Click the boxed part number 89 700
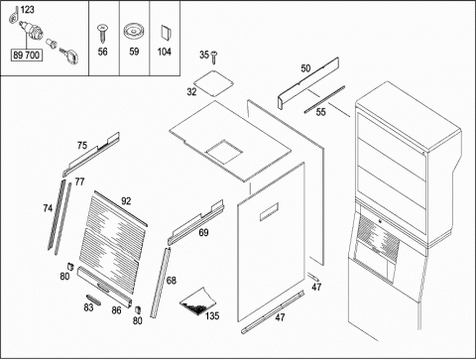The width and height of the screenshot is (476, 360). coord(27,56)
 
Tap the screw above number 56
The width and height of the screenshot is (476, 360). coord(102,34)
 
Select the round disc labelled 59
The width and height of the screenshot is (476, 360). coord(134,32)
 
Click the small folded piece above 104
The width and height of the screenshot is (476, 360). coord(165,33)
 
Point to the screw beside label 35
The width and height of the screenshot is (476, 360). coord(214,57)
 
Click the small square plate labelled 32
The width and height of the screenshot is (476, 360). coord(213,83)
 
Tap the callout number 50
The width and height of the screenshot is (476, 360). coord(305,68)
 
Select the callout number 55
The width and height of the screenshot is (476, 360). coord(320,112)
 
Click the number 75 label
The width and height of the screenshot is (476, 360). coord(82,146)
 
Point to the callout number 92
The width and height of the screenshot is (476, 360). coord(126,201)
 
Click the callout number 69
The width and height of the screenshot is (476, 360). coord(203,233)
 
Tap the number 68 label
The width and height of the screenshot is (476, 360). coord(171,281)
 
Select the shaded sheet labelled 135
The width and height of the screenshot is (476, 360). coord(197,300)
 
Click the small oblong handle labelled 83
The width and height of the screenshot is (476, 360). coord(93,300)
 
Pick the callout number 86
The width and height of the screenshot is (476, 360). coord(116,310)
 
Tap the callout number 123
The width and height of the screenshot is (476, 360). coord(27,10)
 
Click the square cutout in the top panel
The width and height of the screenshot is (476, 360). coord(224,152)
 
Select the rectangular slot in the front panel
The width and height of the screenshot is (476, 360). coord(269,211)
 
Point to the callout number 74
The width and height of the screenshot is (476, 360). coord(48,208)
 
